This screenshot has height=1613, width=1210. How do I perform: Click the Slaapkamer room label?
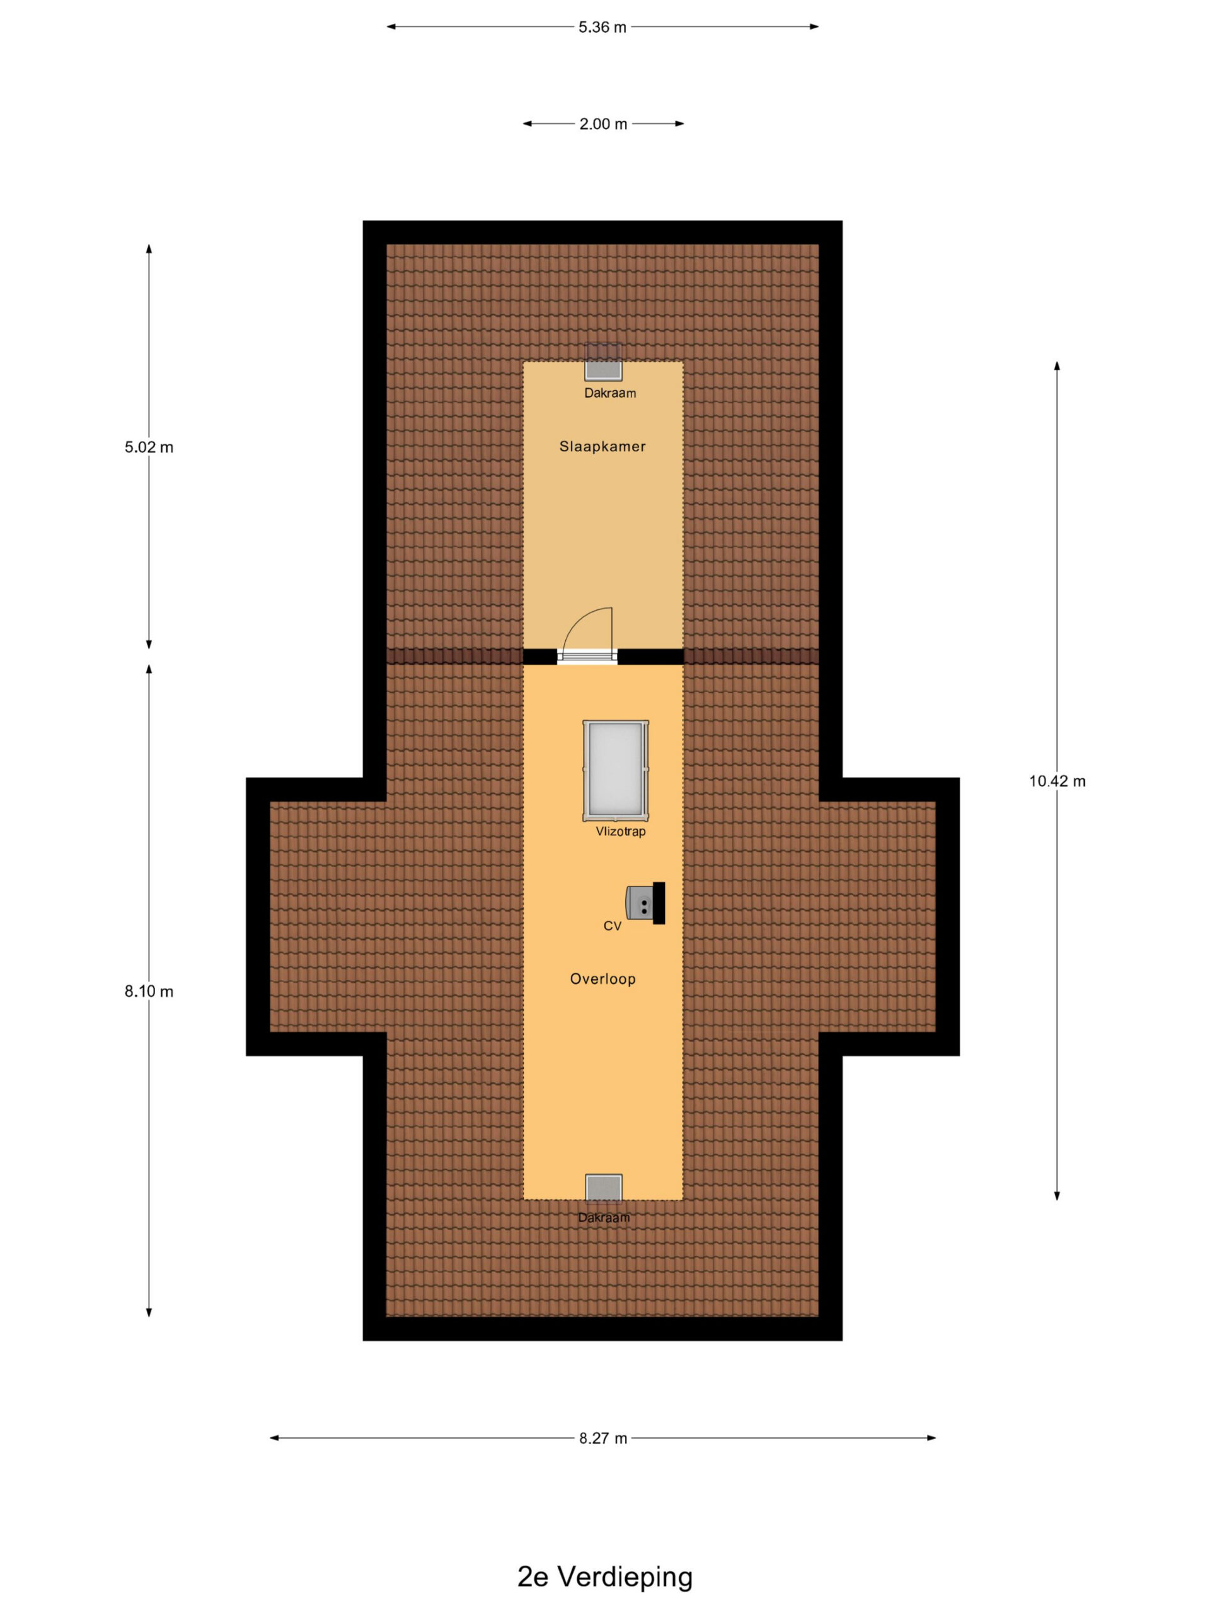click(x=602, y=446)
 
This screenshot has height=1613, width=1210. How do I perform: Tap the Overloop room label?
click(x=602, y=979)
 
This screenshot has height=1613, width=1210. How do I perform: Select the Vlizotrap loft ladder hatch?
click(x=616, y=771)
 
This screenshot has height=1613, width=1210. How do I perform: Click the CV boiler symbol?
click(x=645, y=904)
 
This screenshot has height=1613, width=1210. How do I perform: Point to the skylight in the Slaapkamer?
click(x=603, y=362)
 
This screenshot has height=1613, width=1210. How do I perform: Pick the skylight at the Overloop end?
click(x=604, y=1188)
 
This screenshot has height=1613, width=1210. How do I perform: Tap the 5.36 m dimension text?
click(x=602, y=27)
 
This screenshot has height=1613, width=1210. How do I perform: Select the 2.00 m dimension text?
click(x=603, y=124)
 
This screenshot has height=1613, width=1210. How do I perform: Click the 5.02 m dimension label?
click(x=149, y=447)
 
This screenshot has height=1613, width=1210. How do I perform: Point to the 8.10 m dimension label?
click(x=149, y=991)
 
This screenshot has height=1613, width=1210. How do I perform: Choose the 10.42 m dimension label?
click(x=1057, y=781)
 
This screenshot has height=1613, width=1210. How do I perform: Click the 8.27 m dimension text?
click(x=603, y=1438)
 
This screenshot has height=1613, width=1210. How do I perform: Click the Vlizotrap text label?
click(x=621, y=831)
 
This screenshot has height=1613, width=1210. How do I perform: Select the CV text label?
click(x=612, y=926)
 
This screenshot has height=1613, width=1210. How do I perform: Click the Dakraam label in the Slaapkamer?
click(x=610, y=393)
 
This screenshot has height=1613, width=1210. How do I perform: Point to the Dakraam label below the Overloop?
click(x=604, y=1217)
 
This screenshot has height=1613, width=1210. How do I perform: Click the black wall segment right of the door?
click(x=650, y=657)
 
